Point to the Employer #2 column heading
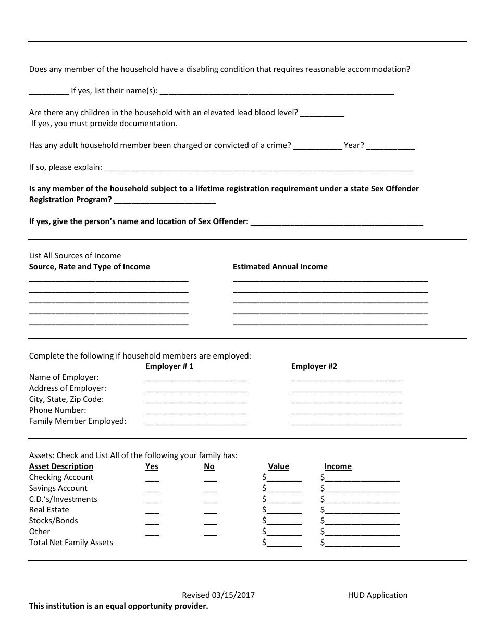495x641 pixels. click(x=314, y=366)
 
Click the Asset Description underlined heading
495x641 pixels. click(x=61, y=466)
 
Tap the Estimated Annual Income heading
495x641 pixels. click(x=280, y=267)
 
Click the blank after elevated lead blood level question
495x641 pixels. click(x=323, y=113)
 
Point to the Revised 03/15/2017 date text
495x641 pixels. click(x=218, y=595)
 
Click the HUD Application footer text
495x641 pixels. click(x=378, y=595)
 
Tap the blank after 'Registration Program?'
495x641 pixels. click(x=164, y=201)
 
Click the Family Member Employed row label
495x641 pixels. click(x=78, y=421)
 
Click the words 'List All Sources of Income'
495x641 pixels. click(x=75, y=256)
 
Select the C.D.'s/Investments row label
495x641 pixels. click(x=63, y=499)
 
